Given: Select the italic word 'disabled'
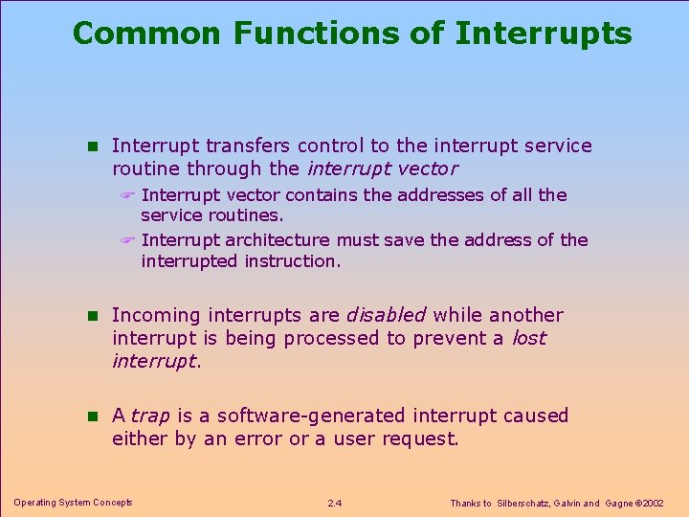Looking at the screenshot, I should [x=386, y=315].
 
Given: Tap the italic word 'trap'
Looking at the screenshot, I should [x=150, y=416].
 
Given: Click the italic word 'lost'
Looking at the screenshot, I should [x=529, y=338].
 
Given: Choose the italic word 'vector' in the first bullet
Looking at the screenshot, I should [x=430, y=169].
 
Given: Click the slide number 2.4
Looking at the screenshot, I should [x=335, y=503].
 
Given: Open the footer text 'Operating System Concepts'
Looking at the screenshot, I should [x=73, y=503].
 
